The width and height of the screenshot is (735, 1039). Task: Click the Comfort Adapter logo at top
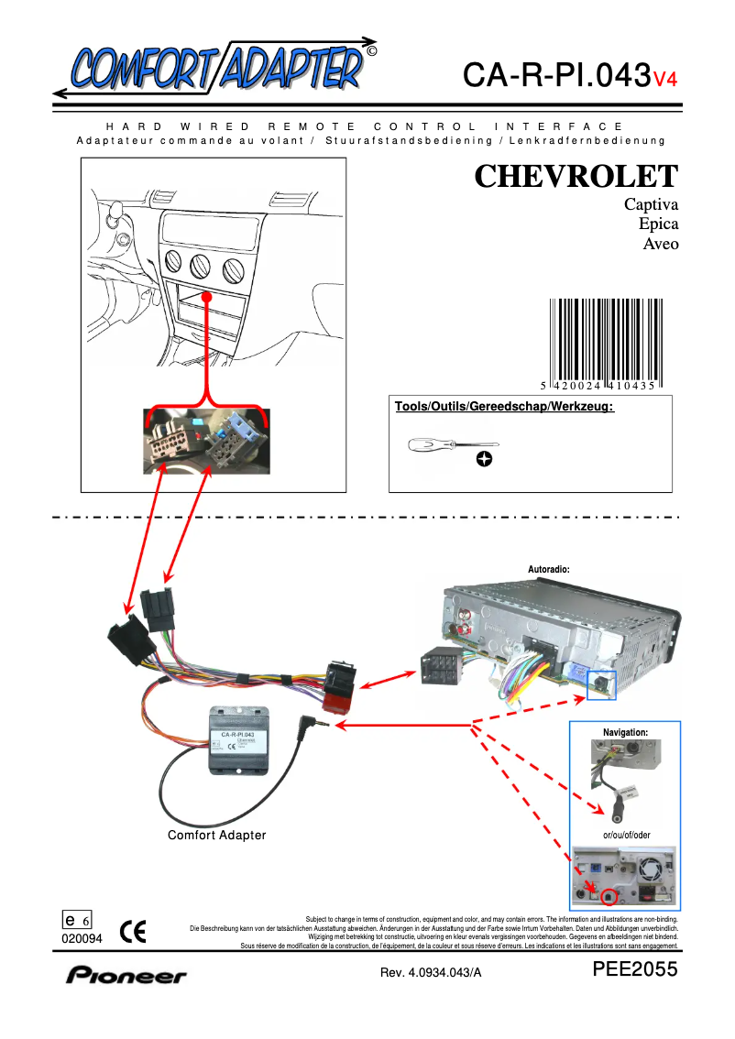coord(215,66)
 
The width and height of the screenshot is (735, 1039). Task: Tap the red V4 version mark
coord(664,79)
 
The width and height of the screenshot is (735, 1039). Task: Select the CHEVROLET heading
coord(576,176)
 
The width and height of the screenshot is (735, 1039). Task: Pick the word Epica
coord(658,224)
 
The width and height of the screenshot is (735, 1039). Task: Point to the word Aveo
coord(661,245)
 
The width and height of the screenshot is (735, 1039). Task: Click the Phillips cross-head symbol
coord(484,459)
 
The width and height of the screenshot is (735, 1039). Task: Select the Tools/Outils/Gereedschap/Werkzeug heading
coord(503,407)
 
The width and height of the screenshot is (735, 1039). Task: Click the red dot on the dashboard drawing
coord(208,299)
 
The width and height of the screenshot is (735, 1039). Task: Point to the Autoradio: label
coord(549,569)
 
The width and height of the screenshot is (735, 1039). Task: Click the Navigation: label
coord(625,733)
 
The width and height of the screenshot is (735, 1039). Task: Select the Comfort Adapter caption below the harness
coord(216,835)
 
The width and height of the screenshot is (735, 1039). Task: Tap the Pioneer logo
coord(126,976)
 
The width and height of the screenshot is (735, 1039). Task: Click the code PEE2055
coord(635,970)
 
